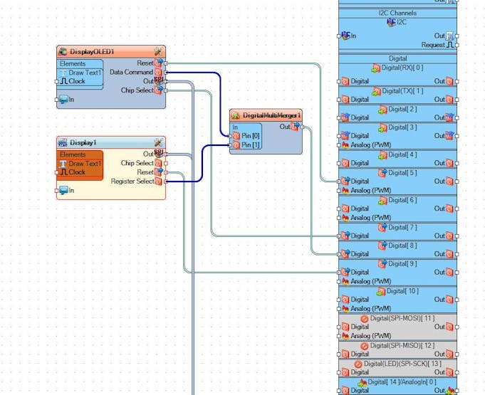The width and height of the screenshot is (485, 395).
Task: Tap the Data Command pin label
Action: [131, 72]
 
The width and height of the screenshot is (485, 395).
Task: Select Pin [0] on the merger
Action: [251, 135]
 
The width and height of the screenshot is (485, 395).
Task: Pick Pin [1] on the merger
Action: [251, 145]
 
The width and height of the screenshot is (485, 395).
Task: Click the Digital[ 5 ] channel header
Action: [402, 172]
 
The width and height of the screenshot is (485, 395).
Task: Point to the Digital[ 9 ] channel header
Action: [402, 263]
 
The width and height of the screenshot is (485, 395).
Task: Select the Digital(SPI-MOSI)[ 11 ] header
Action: [402, 318]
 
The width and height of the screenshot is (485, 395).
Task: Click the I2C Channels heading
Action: [397, 13]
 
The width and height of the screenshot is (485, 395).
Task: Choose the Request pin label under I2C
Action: [433, 45]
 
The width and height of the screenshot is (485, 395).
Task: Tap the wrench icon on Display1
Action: [158, 142]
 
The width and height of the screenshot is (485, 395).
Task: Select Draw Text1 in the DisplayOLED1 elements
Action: [85, 73]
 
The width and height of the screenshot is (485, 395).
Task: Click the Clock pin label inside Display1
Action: [77, 172]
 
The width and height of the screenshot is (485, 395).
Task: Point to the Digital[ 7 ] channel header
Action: [402, 227]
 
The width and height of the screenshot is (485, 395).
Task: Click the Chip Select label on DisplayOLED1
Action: [137, 90]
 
